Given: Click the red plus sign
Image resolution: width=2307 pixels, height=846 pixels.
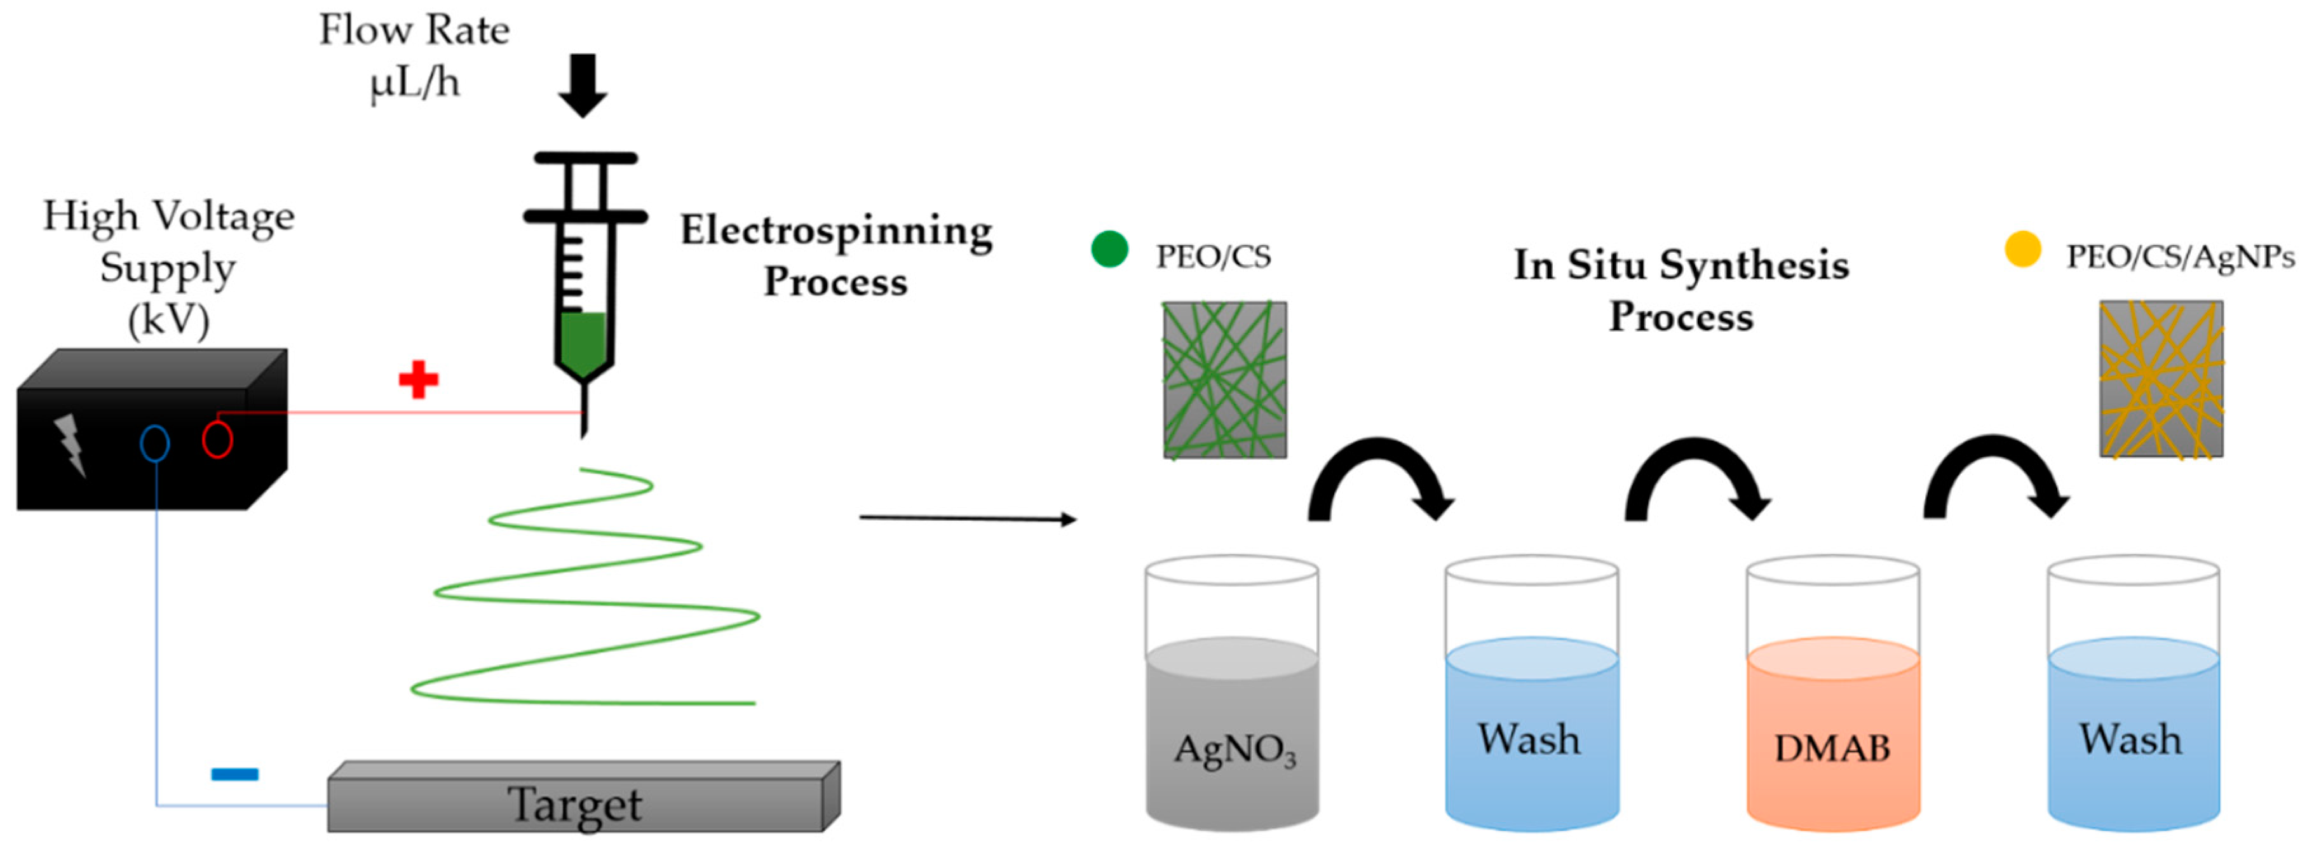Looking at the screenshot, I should click(418, 380).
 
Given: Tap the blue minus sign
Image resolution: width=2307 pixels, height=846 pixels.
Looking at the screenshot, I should click(234, 774).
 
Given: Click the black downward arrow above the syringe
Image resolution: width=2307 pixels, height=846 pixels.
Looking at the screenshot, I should click(583, 86).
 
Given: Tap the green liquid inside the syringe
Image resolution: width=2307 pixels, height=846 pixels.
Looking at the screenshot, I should click(583, 343).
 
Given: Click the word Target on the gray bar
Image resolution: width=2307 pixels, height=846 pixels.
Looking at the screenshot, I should click(574, 805).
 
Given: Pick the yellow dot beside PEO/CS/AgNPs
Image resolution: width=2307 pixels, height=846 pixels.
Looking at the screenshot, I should click(2023, 250).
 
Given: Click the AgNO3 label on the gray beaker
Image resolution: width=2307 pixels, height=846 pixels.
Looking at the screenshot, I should click(1234, 750).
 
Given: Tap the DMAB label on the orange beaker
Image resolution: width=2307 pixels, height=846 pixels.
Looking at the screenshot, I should click(1832, 748).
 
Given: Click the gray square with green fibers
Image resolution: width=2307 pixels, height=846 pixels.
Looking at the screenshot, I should click(1224, 380).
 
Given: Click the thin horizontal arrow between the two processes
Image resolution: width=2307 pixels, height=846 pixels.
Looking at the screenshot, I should click(967, 518).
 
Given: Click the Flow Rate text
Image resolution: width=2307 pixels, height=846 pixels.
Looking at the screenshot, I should click(415, 31).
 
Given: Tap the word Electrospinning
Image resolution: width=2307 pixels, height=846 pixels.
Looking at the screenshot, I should click(836, 232).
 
